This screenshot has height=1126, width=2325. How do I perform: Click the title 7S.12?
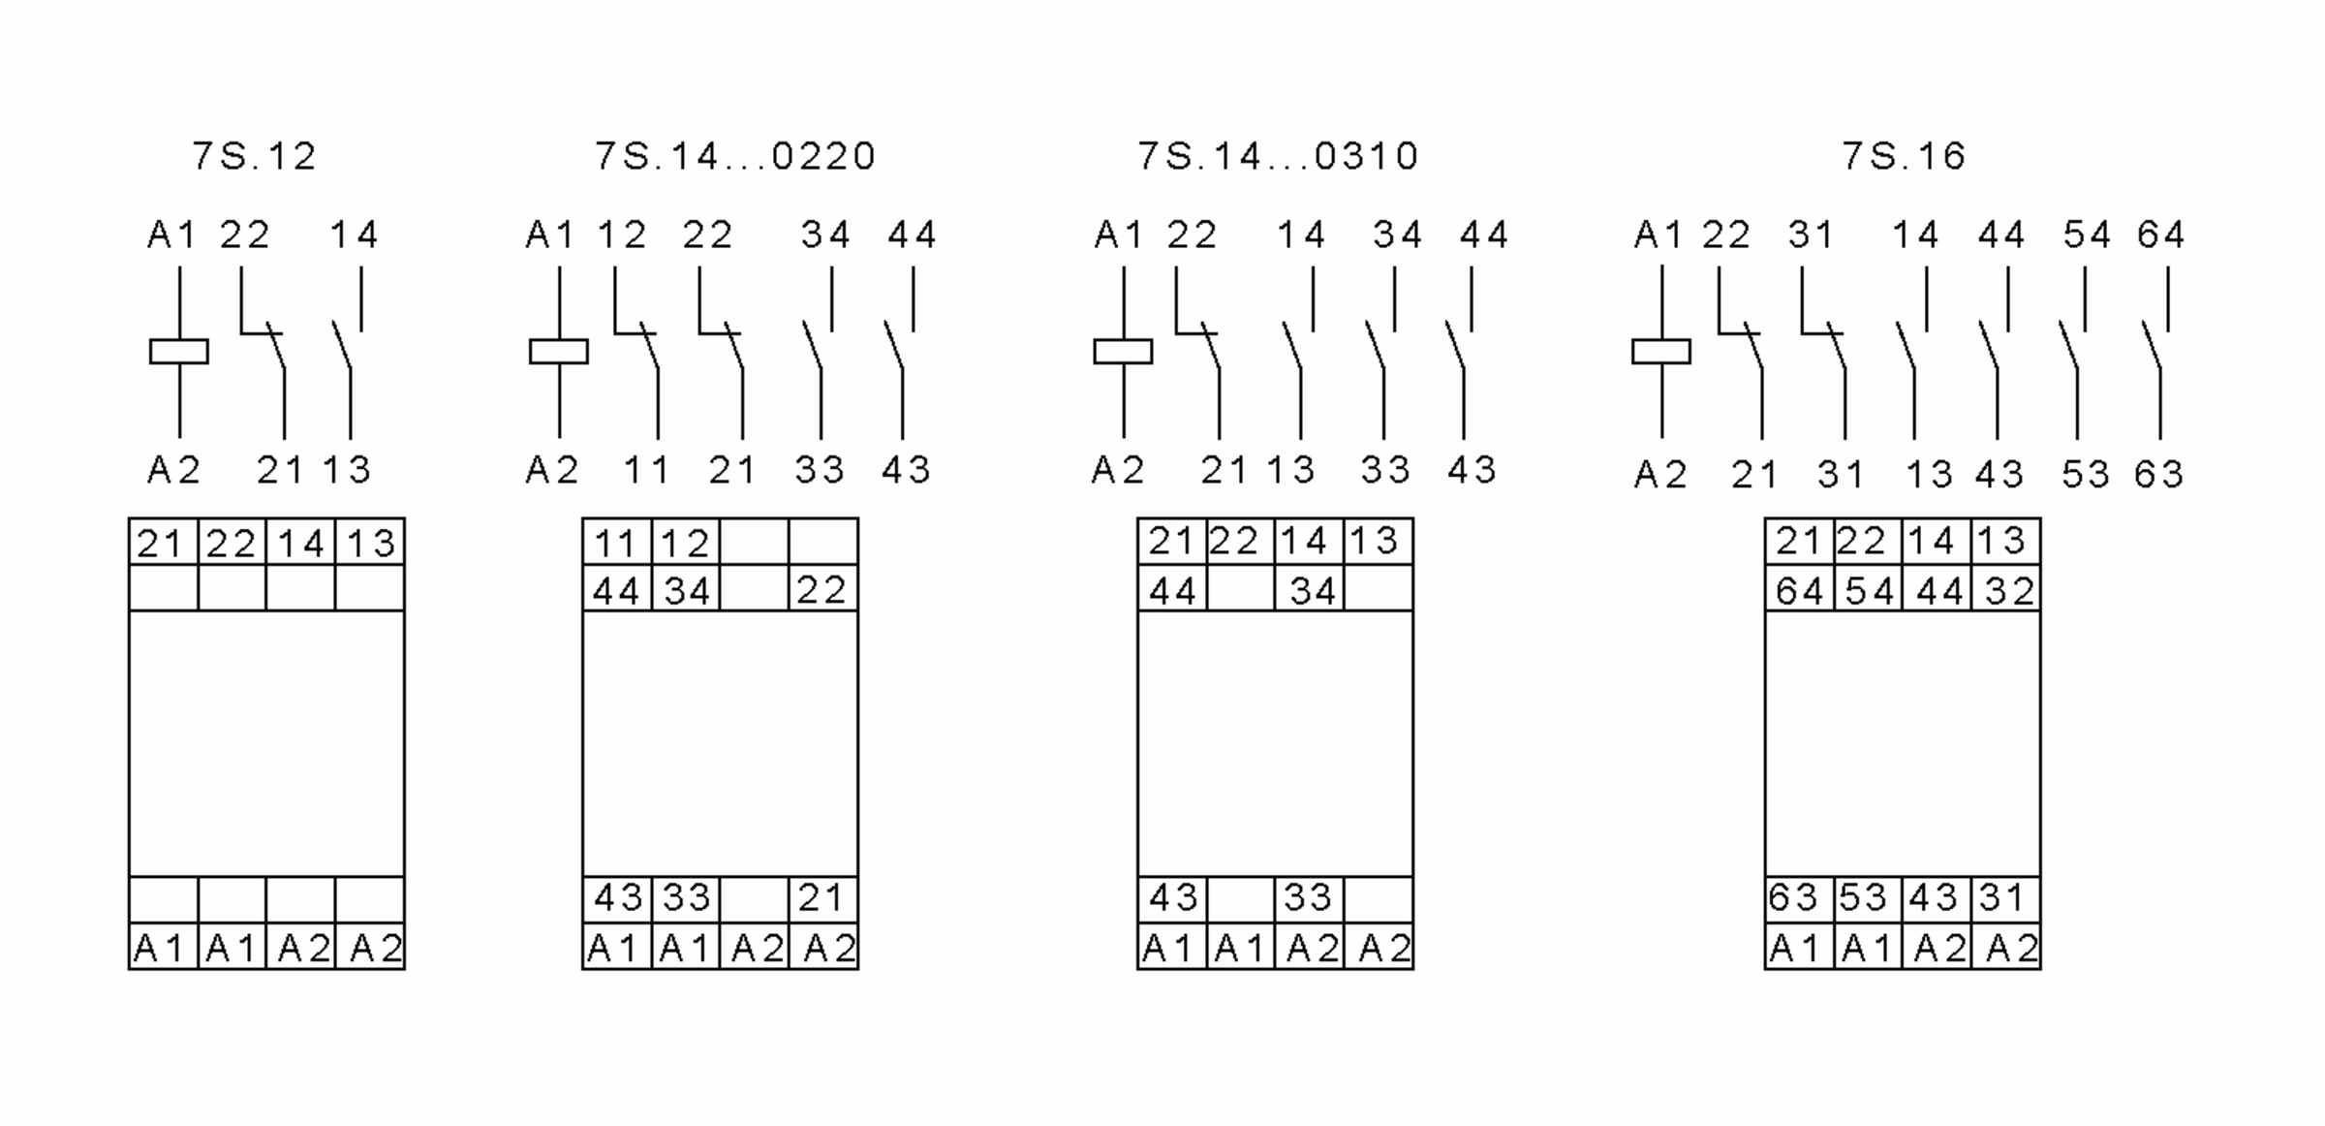click(x=254, y=156)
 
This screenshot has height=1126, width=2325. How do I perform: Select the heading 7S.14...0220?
click(x=735, y=156)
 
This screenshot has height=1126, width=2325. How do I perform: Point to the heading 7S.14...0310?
click(x=1278, y=156)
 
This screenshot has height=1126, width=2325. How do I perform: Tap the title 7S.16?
click(x=1904, y=156)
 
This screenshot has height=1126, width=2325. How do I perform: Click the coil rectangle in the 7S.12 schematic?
click(x=179, y=351)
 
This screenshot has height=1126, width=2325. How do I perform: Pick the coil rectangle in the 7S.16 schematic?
click(x=1661, y=351)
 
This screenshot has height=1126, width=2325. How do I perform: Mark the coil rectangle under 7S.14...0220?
click(x=559, y=351)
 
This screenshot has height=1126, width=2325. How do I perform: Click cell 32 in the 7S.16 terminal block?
click(x=2007, y=590)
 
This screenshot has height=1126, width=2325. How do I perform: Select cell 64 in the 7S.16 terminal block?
click(x=1799, y=590)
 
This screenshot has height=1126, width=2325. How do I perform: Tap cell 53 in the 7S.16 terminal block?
click(x=1868, y=898)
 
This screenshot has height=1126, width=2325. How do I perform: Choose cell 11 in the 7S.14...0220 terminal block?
click(x=616, y=543)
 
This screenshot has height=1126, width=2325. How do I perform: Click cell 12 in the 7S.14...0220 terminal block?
click(x=685, y=543)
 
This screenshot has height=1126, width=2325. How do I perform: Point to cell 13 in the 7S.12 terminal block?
click(x=370, y=543)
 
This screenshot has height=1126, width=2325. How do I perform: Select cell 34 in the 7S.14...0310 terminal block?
click(x=1311, y=590)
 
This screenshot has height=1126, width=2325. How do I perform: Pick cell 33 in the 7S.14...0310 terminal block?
click(x=1309, y=898)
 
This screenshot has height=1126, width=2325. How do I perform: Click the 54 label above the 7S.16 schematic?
click(x=2087, y=235)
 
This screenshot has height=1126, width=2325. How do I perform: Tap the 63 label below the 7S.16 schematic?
click(x=2158, y=474)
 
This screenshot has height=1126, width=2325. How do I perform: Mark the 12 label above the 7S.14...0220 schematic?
click(x=622, y=235)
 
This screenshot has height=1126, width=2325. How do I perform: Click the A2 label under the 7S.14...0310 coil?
click(x=1119, y=470)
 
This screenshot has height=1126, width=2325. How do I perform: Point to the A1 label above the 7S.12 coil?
click(x=171, y=235)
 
